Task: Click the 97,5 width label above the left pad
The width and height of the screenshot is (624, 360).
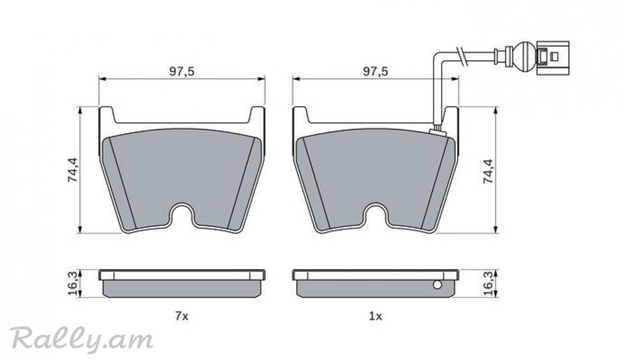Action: coord(181,71)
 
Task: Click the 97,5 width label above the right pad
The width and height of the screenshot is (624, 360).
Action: coord(375,71)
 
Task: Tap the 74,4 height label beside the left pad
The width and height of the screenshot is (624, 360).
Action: coord(73,170)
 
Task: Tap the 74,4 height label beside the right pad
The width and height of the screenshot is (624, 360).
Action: coord(488,171)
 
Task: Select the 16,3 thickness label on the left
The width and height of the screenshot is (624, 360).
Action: coord(72,283)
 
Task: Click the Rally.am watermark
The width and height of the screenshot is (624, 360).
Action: coord(82,340)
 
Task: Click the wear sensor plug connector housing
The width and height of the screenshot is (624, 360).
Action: coord(552,57)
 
